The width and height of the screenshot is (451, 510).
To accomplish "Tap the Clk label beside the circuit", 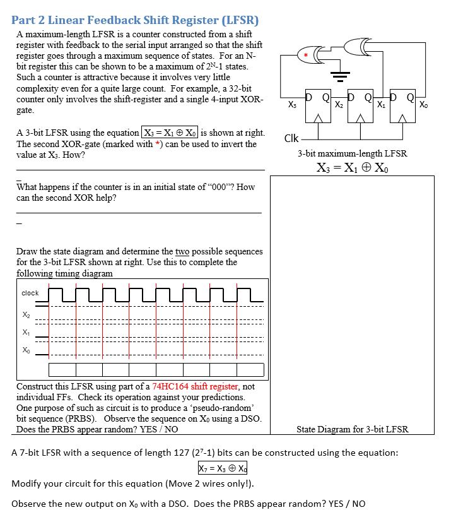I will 291,138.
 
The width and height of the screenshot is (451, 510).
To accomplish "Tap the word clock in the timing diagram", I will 30,293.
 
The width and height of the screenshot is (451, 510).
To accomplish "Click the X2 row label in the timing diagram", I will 25,314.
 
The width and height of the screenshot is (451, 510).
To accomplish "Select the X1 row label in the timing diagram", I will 25,332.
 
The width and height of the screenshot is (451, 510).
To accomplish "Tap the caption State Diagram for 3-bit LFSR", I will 352,429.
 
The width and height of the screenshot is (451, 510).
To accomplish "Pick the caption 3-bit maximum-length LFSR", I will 352,153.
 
